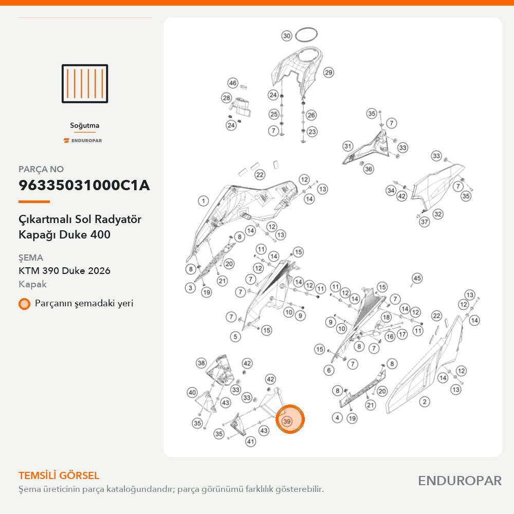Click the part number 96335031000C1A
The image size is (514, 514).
(x=84, y=185)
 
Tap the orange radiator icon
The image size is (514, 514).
(x=85, y=84)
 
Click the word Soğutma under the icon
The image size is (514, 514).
(x=85, y=125)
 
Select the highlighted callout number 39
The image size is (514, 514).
(x=287, y=421)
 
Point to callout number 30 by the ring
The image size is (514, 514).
(x=287, y=36)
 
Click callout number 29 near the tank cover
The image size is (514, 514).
(x=328, y=72)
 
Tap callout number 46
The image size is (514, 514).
(x=233, y=83)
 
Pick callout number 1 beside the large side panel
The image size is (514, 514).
(x=203, y=201)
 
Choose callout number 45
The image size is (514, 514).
(x=417, y=278)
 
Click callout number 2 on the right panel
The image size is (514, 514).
(x=425, y=401)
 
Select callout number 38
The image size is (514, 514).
(x=201, y=363)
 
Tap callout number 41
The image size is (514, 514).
(x=251, y=442)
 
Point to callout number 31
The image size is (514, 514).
(x=348, y=146)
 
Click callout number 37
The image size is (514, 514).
(x=425, y=222)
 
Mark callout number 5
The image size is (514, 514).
(x=235, y=337)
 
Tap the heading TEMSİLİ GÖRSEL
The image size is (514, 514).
(x=59, y=475)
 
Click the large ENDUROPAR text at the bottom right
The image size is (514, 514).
(x=460, y=481)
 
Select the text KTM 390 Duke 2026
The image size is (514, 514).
(x=64, y=271)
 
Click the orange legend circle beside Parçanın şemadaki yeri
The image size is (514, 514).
(x=24, y=304)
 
